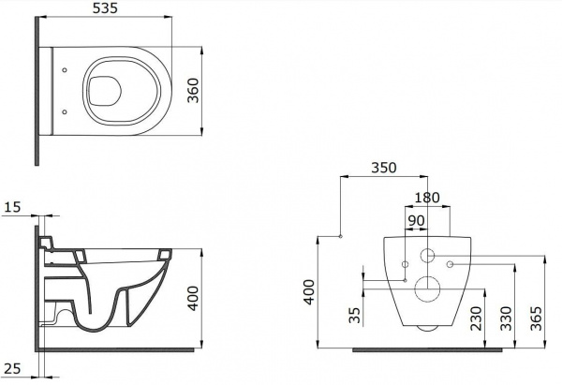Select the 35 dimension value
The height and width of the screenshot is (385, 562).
355,313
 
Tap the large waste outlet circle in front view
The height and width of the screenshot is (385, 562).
428,289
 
